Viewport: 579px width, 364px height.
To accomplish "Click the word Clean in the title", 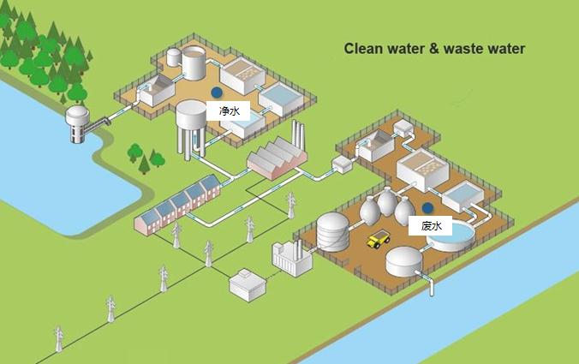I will (x=363, y=49).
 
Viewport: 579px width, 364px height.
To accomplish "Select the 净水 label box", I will (x=226, y=110).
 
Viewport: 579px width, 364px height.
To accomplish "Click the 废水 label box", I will (x=431, y=226).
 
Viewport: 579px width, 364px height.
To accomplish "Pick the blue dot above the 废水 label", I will (x=427, y=208).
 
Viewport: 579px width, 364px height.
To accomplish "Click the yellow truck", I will (x=378, y=240).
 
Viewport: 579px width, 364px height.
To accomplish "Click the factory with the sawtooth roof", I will (x=277, y=159).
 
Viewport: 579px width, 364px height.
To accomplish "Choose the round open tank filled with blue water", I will (x=454, y=234).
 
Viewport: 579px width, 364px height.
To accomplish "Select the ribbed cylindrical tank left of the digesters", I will (x=333, y=231).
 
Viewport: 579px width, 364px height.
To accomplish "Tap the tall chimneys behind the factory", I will (x=300, y=135).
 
